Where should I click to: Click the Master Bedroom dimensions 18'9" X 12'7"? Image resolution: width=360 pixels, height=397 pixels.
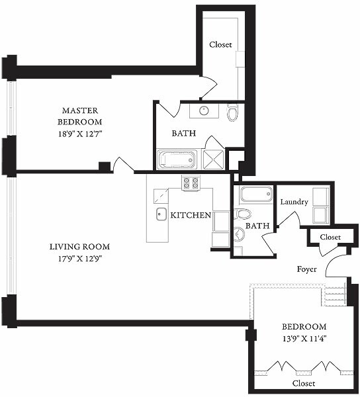click(80, 134)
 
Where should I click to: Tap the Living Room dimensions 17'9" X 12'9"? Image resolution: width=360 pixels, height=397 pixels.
click(80, 259)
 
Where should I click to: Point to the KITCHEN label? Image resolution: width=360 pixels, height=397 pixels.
click(191, 215)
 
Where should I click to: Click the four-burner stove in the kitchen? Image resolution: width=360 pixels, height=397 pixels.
click(191, 183)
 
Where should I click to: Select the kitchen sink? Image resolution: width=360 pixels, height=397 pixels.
click(161, 214)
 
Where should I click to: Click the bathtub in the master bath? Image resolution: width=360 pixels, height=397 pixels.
click(177, 159)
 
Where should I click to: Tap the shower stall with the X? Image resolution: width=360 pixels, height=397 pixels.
click(213, 159)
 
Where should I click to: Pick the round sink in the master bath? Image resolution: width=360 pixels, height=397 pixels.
click(204, 110)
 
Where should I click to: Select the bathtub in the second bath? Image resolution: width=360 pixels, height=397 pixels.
click(256, 194)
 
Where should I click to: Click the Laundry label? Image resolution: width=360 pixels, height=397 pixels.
click(294, 202)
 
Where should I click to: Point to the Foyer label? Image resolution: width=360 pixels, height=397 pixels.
click(306, 269)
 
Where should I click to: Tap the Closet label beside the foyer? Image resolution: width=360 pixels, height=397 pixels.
click(330, 237)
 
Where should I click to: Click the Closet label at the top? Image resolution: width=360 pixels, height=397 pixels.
click(220, 44)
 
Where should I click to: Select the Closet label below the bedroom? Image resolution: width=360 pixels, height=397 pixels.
click(304, 383)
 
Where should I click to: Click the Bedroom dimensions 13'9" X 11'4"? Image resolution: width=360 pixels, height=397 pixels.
click(304, 339)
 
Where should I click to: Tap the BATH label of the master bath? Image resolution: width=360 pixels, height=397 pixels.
click(184, 133)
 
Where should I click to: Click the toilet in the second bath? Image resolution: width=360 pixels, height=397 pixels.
click(243, 214)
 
